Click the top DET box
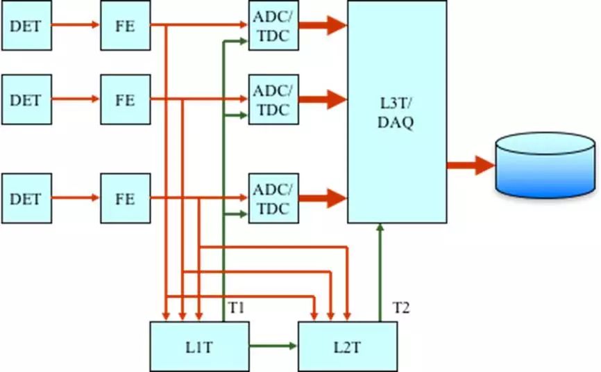(x=26, y=26)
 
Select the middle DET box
(x=26, y=99)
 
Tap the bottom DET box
(x=26, y=198)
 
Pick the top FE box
(x=125, y=26)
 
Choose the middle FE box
(x=125, y=99)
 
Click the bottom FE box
(x=125, y=198)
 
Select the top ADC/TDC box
(x=273, y=26)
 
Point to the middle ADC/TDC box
(x=273, y=99)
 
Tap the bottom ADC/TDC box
(x=273, y=198)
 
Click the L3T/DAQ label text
(x=397, y=113)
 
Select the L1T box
(x=199, y=346)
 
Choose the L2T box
(x=348, y=346)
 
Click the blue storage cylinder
(x=545, y=165)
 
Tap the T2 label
(x=402, y=307)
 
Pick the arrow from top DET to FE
(x=76, y=26)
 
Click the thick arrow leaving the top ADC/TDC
(x=323, y=26)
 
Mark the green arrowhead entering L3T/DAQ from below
(x=380, y=228)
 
